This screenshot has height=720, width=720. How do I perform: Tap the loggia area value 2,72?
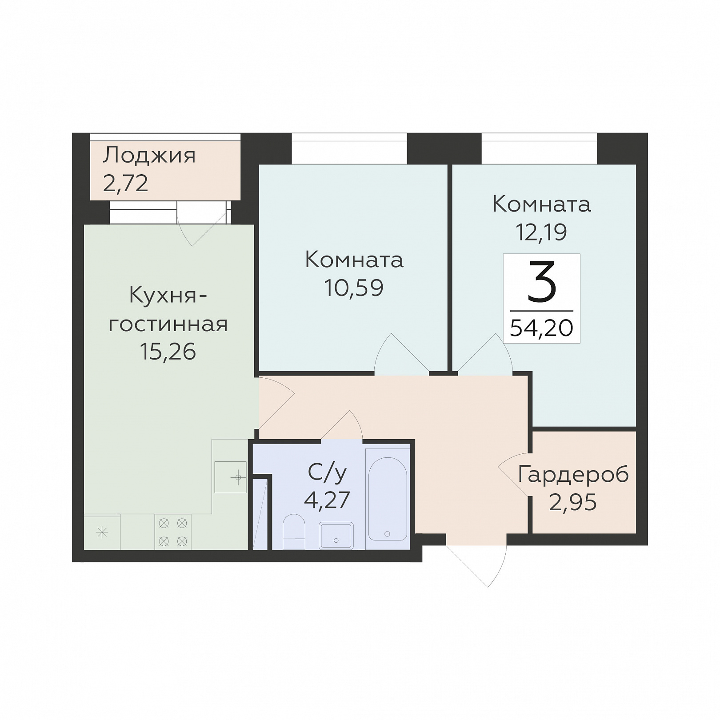pyautogui.click(x=125, y=183)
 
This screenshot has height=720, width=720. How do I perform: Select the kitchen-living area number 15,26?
pyautogui.click(x=168, y=352)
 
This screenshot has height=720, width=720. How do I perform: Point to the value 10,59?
pyautogui.click(x=354, y=288)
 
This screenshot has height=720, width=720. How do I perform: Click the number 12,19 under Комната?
pyautogui.click(x=541, y=232)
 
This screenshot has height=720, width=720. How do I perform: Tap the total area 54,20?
pyautogui.click(x=542, y=328)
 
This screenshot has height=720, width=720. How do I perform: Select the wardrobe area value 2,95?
pyautogui.click(x=573, y=503)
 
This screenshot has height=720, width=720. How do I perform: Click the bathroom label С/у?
pyautogui.click(x=327, y=473)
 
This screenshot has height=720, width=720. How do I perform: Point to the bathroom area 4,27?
pyautogui.click(x=327, y=500)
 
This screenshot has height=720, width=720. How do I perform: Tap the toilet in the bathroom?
pyautogui.click(x=294, y=532)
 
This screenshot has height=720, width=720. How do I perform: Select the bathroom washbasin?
pyautogui.click(x=336, y=536)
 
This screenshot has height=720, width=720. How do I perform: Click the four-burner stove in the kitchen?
pyautogui.click(x=173, y=532)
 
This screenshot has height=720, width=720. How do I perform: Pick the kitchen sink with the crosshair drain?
pyautogui.click(x=231, y=477)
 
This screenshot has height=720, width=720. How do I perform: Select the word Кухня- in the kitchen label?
pyautogui.click(x=168, y=296)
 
